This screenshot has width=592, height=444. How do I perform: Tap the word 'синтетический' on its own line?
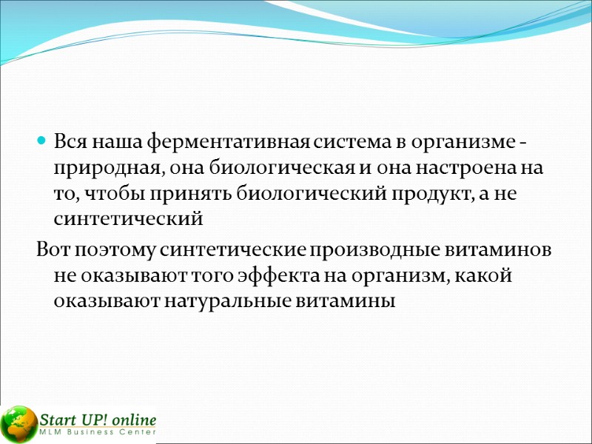click(x=128, y=220)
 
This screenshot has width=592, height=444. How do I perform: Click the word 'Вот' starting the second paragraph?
click(x=53, y=250)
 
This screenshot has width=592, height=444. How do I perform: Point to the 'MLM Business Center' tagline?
click(x=98, y=433)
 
